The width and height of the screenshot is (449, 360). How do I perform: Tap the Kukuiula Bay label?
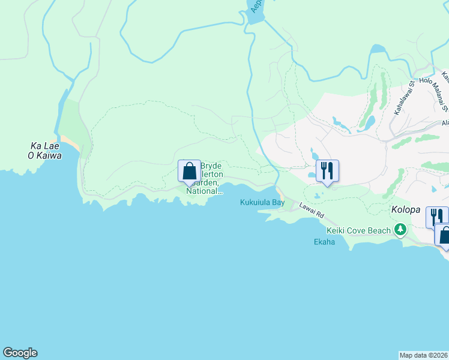tap(262, 203)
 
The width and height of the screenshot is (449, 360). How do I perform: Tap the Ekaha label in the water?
tap(324, 242)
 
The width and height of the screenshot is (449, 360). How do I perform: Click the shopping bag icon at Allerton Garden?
tap(189, 171)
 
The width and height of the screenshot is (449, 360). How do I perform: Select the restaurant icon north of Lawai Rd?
tap(327, 171)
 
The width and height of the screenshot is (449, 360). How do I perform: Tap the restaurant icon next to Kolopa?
tap(436, 217)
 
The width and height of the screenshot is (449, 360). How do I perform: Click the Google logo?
tap(20, 353)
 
